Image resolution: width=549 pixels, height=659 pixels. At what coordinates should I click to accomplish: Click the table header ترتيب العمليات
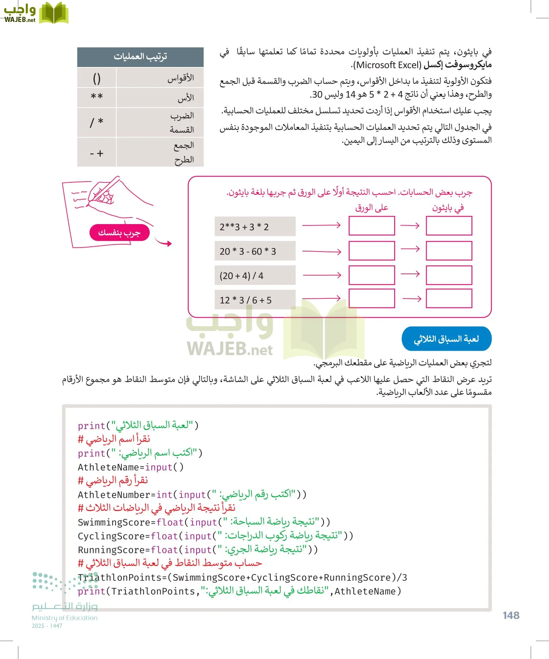pos(140,56)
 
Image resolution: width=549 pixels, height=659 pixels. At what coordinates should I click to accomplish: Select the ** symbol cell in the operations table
pos(97,97)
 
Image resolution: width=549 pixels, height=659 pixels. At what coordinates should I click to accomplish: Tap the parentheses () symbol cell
pos(97,78)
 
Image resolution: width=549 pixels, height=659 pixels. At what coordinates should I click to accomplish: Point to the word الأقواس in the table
pos(180,78)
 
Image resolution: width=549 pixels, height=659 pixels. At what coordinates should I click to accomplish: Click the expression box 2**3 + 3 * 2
pos(255,227)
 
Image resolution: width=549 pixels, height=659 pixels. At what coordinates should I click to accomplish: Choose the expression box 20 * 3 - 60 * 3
pos(255,251)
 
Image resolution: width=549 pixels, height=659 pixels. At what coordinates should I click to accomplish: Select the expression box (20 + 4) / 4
pos(255,276)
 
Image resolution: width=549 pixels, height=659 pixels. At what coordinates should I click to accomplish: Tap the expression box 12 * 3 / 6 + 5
pos(255,300)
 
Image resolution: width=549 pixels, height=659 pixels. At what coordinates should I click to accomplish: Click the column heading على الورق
pos(371,208)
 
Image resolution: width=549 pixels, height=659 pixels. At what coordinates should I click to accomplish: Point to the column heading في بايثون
pos(448,208)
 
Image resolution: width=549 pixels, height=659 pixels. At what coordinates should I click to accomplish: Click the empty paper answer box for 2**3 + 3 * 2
pos(371,226)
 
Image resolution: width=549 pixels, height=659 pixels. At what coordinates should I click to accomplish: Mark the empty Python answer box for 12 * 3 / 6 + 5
pos(449,298)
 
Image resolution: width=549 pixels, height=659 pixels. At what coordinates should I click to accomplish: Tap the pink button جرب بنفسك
pos(119,233)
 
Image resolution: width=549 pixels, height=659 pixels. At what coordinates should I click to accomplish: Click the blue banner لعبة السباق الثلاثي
pos(446,339)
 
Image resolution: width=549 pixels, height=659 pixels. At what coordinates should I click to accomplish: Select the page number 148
pos(511,615)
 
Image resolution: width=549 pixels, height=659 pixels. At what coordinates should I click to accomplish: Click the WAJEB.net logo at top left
pos(36,14)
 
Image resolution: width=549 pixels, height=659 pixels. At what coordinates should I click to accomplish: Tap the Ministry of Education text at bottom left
pos(64,618)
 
